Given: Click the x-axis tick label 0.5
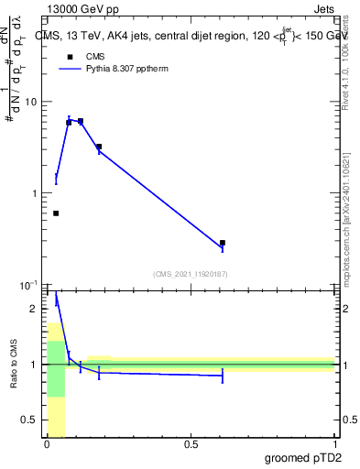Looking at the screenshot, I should point(191,445).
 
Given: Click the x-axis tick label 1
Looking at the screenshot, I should point(334,445).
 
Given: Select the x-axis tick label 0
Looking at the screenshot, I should point(47,445).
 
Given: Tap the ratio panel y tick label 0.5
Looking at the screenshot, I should point(30,420).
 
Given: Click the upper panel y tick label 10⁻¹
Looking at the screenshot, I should point(29,285).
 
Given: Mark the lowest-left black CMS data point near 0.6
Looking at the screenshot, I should point(56,213).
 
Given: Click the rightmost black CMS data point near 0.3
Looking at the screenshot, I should point(223,243).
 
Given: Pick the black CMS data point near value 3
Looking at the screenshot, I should point(99,147).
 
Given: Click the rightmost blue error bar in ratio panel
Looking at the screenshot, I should point(223,376).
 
